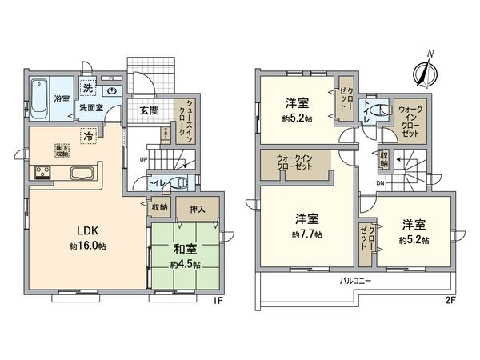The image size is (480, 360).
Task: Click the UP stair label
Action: click(143, 159)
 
